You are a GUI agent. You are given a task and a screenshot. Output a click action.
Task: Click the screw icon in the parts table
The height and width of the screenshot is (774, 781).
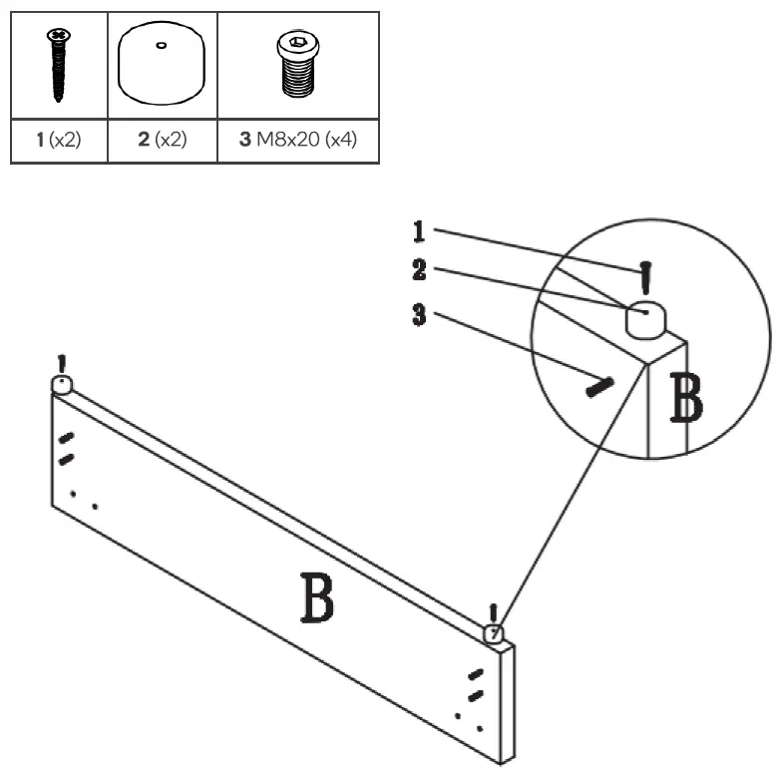[x=58, y=66]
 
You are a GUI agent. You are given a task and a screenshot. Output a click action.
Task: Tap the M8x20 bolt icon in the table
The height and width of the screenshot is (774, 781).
[x=297, y=66]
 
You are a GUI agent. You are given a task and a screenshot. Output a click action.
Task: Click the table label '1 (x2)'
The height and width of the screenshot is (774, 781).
[x=58, y=141]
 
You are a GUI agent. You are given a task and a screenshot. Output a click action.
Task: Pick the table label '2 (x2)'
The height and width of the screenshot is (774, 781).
[x=162, y=141]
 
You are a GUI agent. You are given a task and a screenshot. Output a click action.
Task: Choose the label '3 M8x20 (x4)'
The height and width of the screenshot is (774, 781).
[x=297, y=141]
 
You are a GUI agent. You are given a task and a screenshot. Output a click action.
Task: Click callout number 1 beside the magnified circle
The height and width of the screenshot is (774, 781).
[x=420, y=231]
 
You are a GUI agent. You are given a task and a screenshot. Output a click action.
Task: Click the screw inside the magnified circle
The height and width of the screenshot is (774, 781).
[x=647, y=277]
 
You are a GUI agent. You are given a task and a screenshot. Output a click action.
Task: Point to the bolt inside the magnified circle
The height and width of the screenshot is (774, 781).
[x=600, y=384]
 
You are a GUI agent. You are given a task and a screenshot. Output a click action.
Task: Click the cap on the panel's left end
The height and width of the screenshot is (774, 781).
[x=63, y=385]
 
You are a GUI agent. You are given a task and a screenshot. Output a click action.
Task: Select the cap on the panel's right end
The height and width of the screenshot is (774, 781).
[x=494, y=633]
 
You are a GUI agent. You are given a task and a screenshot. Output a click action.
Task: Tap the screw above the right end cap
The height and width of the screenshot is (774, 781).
[x=492, y=612]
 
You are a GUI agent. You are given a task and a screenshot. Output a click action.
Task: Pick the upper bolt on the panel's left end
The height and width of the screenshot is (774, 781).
[x=67, y=438]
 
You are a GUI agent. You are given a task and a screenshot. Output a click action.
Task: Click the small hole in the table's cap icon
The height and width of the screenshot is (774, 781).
[x=162, y=44]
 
